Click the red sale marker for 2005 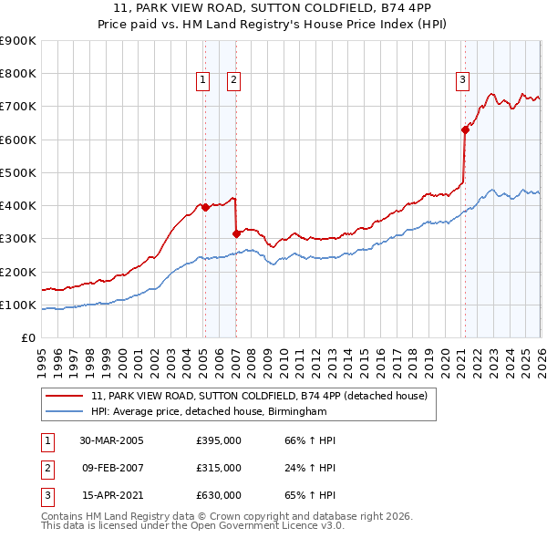click(x=205, y=207)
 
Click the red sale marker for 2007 click(x=236, y=233)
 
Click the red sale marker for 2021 click(x=464, y=129)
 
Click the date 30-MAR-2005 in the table click(x=112, y=440)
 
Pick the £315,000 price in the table click(x=219, y=468)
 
